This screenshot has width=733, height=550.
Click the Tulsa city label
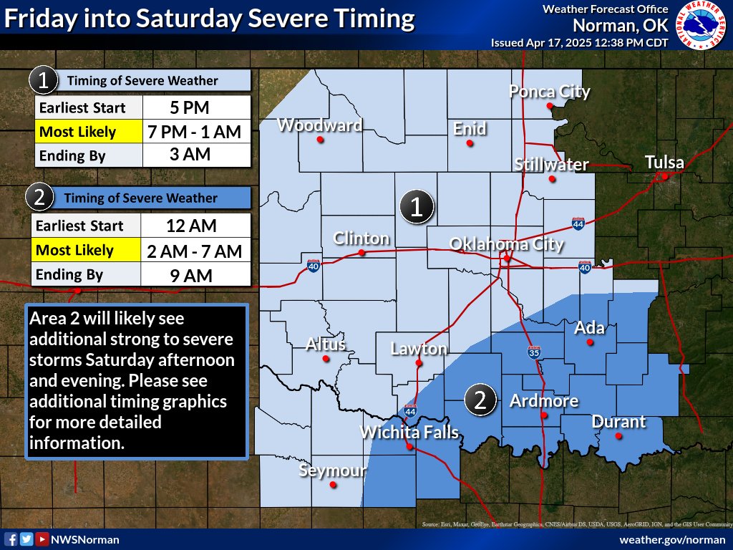coord(664,163)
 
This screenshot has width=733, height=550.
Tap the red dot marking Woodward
coord(321,140)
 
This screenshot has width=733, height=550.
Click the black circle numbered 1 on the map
coord(417,207)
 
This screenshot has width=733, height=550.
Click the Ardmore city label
coord(543,401)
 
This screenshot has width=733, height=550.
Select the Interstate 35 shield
coord(534,352)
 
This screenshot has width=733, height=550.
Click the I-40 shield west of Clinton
coord(313,264)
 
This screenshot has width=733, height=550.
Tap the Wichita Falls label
coord(409,432)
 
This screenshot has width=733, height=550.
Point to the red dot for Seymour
coord(333,485)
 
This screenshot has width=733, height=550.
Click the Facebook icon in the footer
coord(11,539)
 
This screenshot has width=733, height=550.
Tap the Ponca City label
coord(549,92)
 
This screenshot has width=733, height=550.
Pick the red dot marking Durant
coord(618,435)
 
